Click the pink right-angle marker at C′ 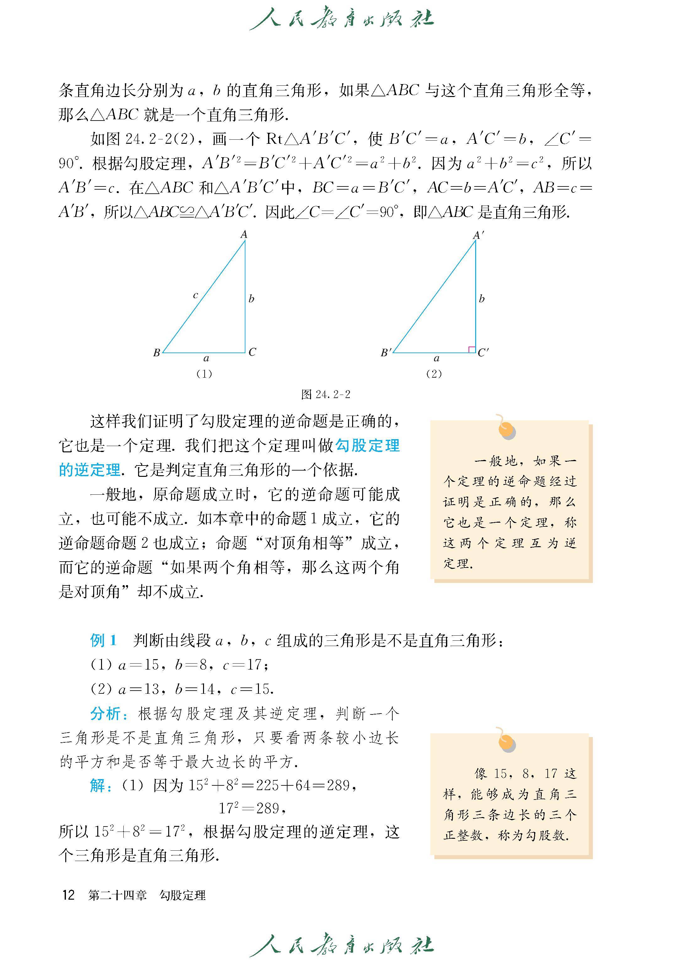coord(472,349)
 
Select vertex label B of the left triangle coord(157,353)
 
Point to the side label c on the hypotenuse coord(196,295)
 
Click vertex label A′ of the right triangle coord(478,235)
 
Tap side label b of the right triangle coord(482,299)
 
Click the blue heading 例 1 coord(103,641)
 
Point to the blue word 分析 coord(105,714)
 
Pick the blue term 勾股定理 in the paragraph coord(368,446)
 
